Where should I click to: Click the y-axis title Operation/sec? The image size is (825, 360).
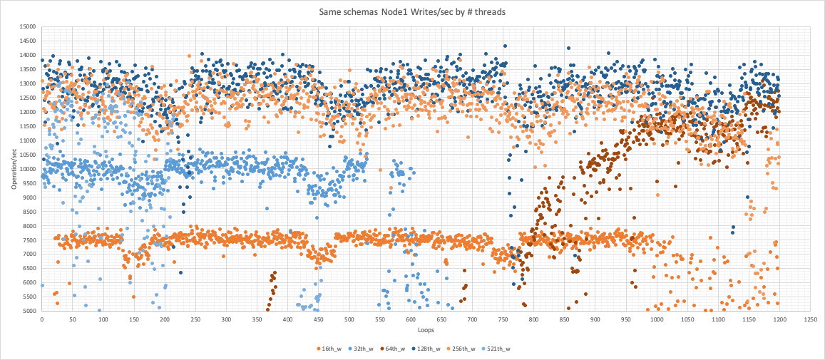(13, 168)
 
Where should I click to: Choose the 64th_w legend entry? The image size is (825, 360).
(411, 349)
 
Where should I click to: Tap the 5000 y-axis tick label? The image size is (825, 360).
(28, 311)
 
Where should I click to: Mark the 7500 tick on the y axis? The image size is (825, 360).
(28, 240)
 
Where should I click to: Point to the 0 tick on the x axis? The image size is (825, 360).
(41, 319)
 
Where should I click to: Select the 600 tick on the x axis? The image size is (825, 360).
(410, 319)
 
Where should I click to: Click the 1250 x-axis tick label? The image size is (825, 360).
(809, 319)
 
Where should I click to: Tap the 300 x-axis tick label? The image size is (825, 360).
(225, 319)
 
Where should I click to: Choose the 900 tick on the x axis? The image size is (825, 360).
(594, 319)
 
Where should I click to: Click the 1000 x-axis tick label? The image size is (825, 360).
(655, 319)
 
